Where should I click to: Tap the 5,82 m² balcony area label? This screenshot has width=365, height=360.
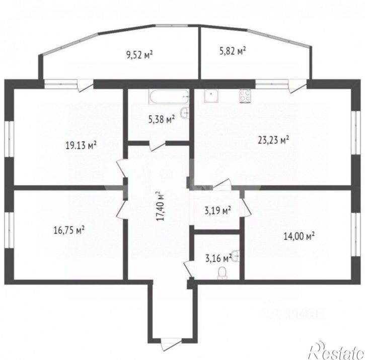[x=232, y=50]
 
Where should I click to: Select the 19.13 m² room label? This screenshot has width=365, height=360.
[x=81, y=145]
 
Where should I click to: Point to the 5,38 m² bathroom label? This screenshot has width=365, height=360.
[x=161, y=119]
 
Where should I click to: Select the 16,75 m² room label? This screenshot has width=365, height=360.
[x=68, y=230]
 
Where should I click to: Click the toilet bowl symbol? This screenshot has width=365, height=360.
[x=221, y=273]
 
